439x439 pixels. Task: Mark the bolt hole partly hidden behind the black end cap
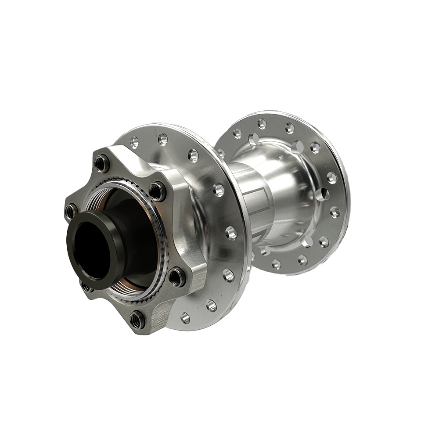point(84,286)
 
